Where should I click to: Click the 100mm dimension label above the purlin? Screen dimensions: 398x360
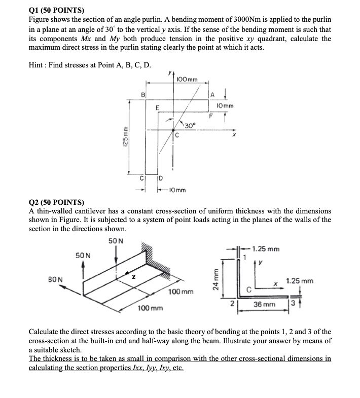click(188, 80)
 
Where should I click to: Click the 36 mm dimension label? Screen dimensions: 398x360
click(264, 305)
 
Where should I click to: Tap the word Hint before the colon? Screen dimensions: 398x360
click(39, 64)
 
